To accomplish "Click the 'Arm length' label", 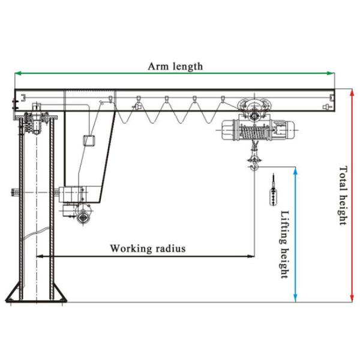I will (x=175, y=66).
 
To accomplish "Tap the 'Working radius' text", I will (x=148, y=248).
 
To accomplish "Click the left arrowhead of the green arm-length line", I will (x=17, y=73).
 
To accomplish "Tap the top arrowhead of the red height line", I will (x=352, y=92).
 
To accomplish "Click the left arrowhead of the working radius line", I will (x=40, y=256).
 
